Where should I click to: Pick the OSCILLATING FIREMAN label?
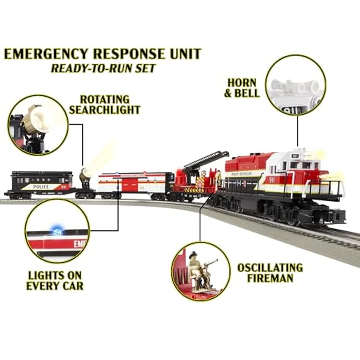[x=269, y=273]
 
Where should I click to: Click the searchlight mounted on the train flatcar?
[x=84, y=177]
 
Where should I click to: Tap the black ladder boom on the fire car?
[x=205, y=160]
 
